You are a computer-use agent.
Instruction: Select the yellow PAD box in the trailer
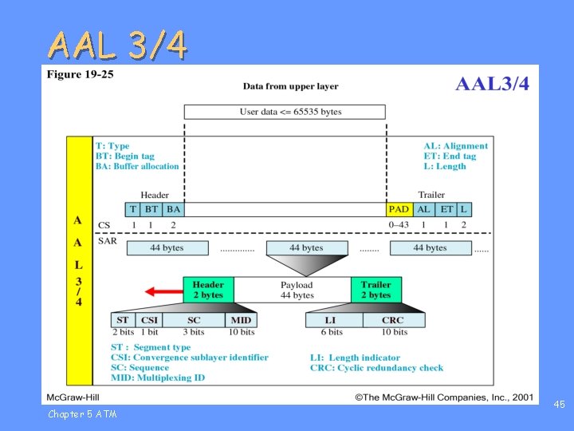coord(399,209)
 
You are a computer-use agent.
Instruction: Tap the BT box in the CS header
coord(151,209)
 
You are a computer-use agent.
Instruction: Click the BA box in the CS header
coord(173,209)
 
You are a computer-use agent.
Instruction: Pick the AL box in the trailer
coord(424,209)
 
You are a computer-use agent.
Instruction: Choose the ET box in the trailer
coord(446,209)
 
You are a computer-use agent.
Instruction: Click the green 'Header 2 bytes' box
coord(208,290)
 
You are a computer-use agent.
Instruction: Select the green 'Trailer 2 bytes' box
coord(376,290)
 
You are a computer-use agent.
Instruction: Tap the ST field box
coord(123,320)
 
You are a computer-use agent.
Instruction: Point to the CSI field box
coord(149,320)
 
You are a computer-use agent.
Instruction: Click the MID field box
coord(241,320)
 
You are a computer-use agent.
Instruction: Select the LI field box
coord(332,320)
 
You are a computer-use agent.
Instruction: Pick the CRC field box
coord(393,320)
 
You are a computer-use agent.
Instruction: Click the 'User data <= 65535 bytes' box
coord(285,112)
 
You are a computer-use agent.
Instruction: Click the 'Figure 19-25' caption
coord(80,75)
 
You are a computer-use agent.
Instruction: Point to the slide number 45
coord(560,405)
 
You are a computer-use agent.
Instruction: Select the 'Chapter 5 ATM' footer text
coord(82,413)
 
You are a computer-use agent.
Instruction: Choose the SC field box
coord(194,320)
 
